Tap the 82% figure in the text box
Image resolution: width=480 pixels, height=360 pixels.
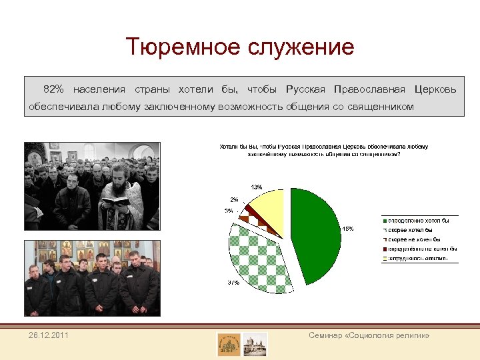pyautogui.click(x=53, y=89)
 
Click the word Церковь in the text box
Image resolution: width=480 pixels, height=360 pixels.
pyautogui.click(x=435, y=89)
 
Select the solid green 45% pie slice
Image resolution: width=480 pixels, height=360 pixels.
pyautogui.click(x=316, y=230)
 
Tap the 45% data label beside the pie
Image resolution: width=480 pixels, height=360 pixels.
pyautogui.click(x=347, y=229)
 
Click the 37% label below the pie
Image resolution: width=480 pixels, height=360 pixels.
pyautogui.click(x=233, y=283)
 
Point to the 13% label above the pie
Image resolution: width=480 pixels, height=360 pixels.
pyautogui.click(x=256, y=186)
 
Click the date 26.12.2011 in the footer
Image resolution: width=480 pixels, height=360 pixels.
pyautogui.click(x=48, y=335)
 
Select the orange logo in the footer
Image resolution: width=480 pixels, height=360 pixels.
pyautogui.click(x=229, y=344)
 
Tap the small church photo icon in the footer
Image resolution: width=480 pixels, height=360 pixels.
pyautogui.click(x=255, y=344)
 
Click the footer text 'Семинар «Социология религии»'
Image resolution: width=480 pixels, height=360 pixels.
pyautogui.click(x=369, y=335)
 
